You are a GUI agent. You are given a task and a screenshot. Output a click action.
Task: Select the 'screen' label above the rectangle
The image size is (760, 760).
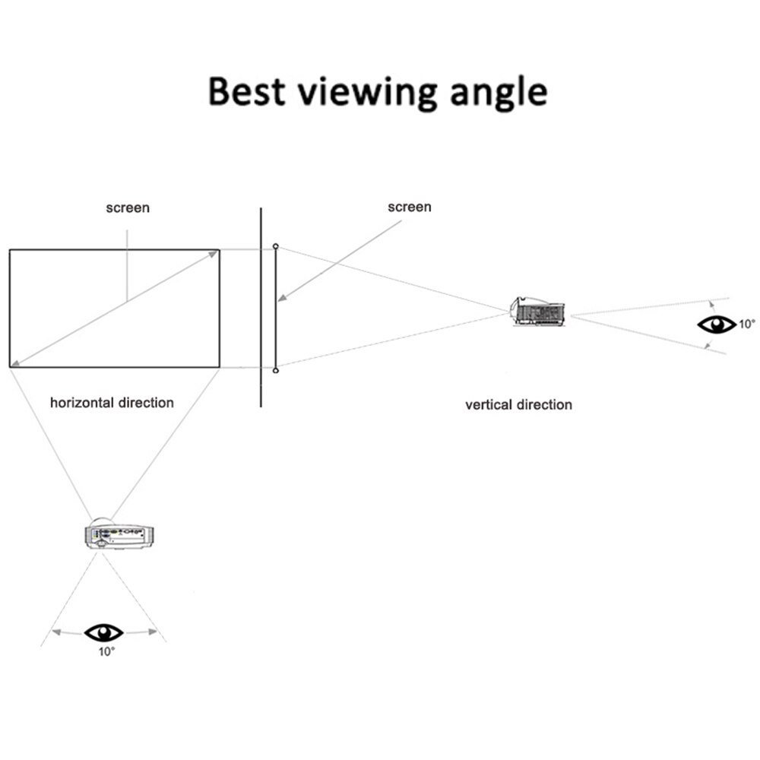128,207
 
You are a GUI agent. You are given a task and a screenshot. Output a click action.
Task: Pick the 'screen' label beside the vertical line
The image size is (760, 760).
409,207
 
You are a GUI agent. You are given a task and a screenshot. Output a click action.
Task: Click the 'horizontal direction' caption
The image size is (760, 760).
112,402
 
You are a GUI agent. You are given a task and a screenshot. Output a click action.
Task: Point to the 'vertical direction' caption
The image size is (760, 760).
518,404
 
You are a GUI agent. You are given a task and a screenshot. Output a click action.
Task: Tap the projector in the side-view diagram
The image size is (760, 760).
539,311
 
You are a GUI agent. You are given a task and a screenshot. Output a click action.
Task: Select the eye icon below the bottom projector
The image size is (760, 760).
103,632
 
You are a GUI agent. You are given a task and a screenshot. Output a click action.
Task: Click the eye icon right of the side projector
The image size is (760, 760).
716,325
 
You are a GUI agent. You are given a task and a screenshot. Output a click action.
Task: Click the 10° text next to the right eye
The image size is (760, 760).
746,325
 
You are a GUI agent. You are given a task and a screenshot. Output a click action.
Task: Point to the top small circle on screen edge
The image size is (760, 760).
275,247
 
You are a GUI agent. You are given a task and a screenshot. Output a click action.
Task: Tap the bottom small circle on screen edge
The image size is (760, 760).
275,369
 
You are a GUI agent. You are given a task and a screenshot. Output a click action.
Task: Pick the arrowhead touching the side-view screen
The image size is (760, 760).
280,299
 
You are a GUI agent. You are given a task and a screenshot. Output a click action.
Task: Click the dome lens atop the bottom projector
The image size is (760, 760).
102,521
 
